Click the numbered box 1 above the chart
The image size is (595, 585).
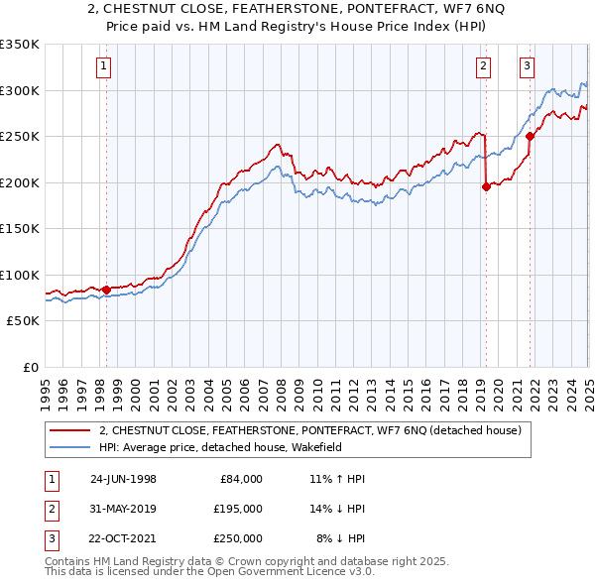[x=104, y=67]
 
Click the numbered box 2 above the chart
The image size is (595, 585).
[x=483, y=67]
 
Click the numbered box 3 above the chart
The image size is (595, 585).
[x=527, y=67]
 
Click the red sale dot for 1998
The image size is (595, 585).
[x=106, y=290]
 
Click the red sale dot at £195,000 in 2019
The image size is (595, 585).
[x=486, y=186]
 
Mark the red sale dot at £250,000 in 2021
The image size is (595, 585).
[x=530, y=137]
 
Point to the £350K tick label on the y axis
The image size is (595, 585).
[x=20, y=45]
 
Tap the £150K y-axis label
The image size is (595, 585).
[x=20, y=228]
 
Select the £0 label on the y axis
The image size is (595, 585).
[x=29, y=367]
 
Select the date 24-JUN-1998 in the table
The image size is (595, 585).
[x=123, y=479]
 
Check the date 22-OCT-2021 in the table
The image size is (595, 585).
[x=123, y=538]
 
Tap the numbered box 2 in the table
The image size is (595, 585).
[x=51, y=509]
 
